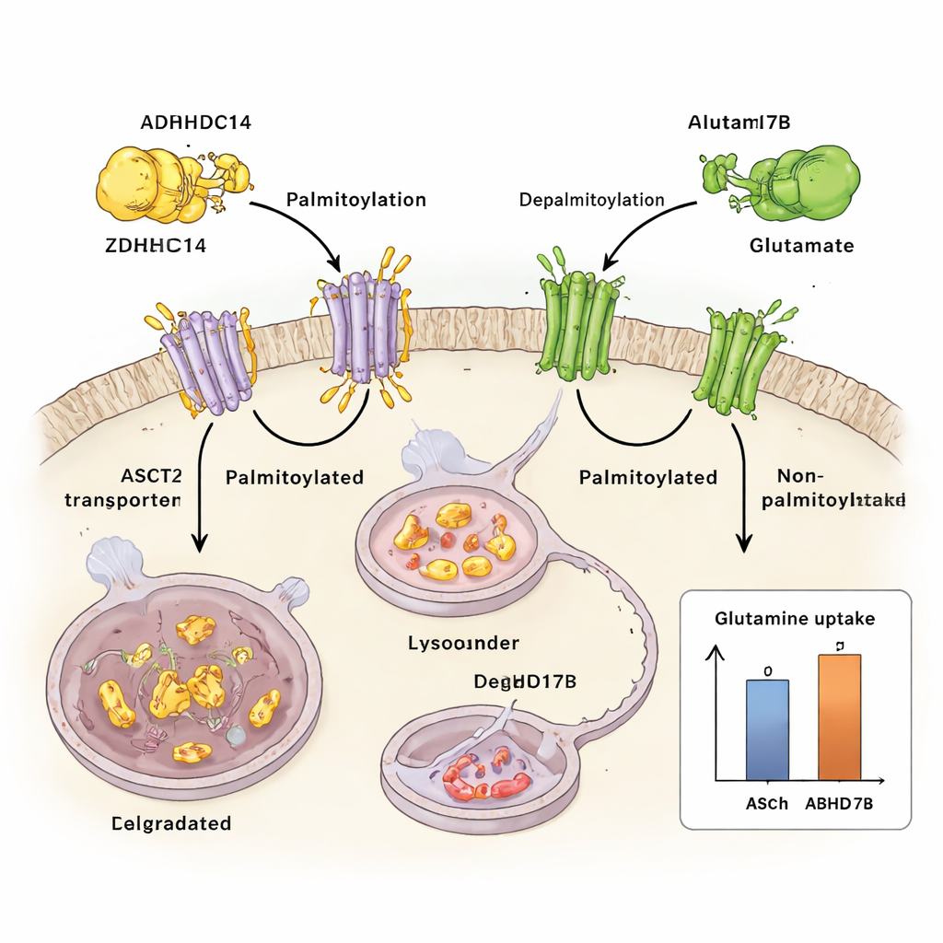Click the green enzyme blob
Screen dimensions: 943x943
(801, 181)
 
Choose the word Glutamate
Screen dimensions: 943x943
(800, 246)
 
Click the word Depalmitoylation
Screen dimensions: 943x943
(591, 200)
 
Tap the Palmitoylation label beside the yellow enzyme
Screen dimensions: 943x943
(355, 200)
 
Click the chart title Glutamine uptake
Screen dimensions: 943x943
(794, 620)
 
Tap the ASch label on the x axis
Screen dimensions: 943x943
(766, 803)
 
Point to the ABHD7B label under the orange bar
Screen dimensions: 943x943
(840, 803)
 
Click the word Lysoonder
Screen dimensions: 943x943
(463, 642)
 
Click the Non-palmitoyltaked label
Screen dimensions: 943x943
(841, 488)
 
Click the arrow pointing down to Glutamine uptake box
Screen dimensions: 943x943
(742, 488)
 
